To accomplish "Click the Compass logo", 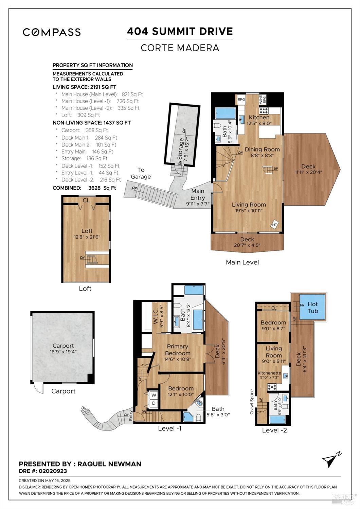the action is (52, 32).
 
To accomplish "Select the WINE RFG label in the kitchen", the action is (262, 99).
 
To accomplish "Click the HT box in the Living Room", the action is (275, 225).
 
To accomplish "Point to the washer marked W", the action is (154, 395).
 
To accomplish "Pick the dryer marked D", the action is (154, 403).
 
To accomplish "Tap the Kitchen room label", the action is (259, 117).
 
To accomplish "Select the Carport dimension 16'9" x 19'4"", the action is (63, 352).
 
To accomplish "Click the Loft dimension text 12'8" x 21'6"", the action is (87, 237).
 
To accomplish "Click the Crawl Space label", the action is (252, 402).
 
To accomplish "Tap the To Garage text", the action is (141, 173).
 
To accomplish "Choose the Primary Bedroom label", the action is (178, 350).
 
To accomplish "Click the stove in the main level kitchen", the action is (264, 111).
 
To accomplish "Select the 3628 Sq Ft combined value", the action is (102, 188).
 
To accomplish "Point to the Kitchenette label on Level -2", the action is (269, 373).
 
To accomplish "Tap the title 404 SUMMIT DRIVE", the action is (180, 31).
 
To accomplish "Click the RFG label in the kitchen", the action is (241, 99).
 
